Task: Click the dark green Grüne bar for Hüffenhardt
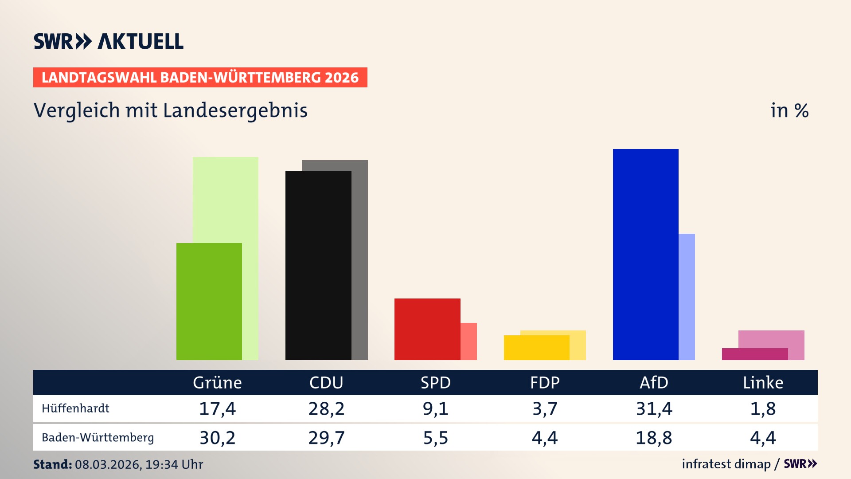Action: pyautogui.click(x=209, y=302)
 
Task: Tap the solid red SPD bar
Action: pyautogui.click(x=427, y=329)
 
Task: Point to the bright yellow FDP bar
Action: pyautogui.click(x=536, y=348)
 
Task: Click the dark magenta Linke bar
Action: pyautogui.click(x=754, y=354)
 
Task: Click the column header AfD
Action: pyautogui.click(x=654, y=383)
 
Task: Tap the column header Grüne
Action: pyautogui.click(x=217, y=383)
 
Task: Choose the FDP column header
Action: pyautogui.click(x=545, y=383)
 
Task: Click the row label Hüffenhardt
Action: pyautogui.click(x=75, y=408)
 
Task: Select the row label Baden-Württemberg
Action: pyautogui.click(x=98, y=438)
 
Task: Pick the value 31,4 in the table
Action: pyautogui.click(x=654, y=408)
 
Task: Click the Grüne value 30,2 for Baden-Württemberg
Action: pyautogui.click(x=217, y=438)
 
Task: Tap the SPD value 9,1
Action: pyautogui.click(x=435, y=408)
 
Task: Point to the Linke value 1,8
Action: pyautogui.click(x=763, y=408)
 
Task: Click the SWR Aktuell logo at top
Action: pyautogui.click(x=109, y=41)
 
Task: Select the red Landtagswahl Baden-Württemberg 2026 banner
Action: pyautogui.click(x=200, y=78)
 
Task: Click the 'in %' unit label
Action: pyautogui.click(x=789, y=110)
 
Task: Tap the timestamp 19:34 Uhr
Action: pyautogui.click(x=174, y=464)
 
